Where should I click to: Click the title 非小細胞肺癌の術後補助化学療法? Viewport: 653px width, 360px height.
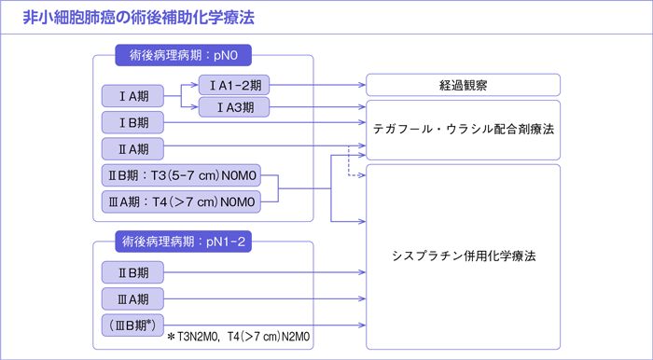click(x=138, y=18)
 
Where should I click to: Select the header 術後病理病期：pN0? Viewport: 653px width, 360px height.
click(x=184, y=55)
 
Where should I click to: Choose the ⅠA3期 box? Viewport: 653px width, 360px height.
click(x=234, y=108)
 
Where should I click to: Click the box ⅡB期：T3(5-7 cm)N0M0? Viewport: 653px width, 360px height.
click(x=182, y=174)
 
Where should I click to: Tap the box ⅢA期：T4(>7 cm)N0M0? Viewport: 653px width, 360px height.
click(x=182, y=200)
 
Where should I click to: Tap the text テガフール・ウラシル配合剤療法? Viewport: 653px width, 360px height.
click(x=464, y=129)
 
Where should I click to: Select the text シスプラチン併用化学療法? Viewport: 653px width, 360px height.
click(x=464, y=255)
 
